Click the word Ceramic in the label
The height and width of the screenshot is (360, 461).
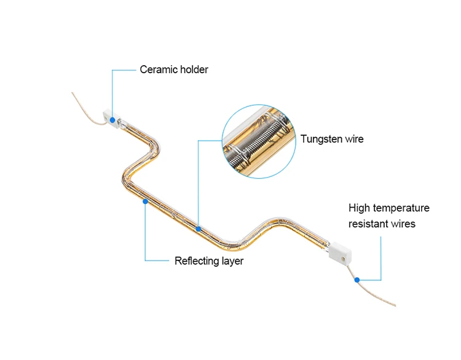point(159,69)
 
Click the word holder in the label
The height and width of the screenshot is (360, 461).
point(194,69)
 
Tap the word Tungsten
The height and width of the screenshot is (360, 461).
point(321,139)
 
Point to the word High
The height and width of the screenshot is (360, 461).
point(359,208)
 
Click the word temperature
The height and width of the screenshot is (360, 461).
point(401,209)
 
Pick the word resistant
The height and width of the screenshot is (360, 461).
point(367,224)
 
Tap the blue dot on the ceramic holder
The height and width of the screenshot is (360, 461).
point(112,120)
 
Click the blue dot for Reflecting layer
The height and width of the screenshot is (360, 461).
point(145,202)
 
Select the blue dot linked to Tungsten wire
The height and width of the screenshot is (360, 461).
point(199,229)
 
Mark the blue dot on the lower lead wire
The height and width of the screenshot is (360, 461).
point(357,280)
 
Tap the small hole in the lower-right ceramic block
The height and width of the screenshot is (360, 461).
point(343,259)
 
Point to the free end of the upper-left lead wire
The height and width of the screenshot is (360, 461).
point(72,93)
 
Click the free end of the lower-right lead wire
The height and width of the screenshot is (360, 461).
point(395,306)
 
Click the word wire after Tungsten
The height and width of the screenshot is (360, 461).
point(354,139)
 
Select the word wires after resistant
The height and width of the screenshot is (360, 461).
point(401,224)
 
